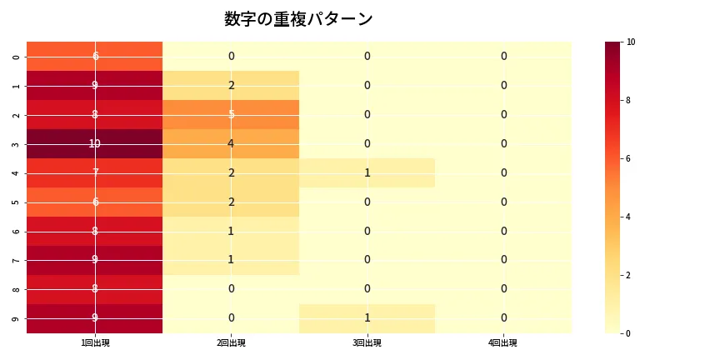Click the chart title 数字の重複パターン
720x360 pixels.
(298, 19)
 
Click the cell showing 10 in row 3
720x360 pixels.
(95, 143)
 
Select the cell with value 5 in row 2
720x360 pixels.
(231, 114)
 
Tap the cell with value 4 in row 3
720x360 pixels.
(231, 143)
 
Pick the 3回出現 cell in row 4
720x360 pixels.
(367, 172)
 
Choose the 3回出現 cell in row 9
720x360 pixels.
(367, 317)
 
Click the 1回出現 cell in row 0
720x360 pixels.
(95, 56)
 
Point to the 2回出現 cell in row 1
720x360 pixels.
(231, 85)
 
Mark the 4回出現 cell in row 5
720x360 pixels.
(503, 202)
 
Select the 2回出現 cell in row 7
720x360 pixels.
(231, 260)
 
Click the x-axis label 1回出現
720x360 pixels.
(95, 343)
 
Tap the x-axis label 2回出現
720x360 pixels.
(231, 343)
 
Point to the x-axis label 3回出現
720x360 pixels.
(367, 343)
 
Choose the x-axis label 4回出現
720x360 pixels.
(503, 343)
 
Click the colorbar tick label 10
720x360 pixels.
(631, 42)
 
